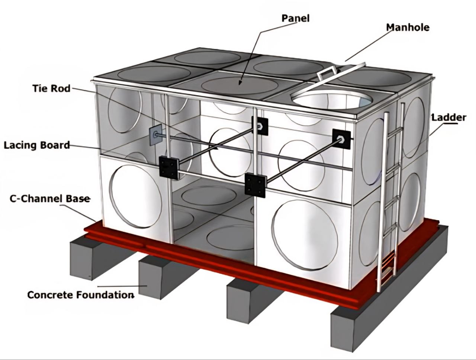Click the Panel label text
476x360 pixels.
click(x=295, y=18)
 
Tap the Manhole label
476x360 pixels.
click(x=408, y=27)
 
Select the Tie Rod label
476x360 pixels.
click(x=51, y=89)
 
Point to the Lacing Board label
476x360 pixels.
click(x=37, y=145)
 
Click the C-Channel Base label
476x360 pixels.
click(x=50, y=199)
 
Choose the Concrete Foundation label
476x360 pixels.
click(x=80, y=295)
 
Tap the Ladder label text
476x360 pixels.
click(x=448, y=118)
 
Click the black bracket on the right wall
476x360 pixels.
click(x=341, y=139)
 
